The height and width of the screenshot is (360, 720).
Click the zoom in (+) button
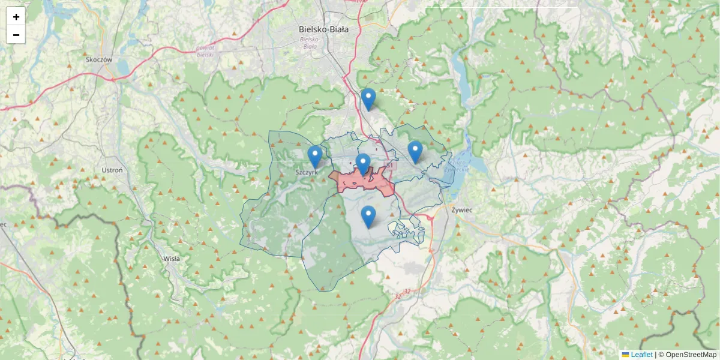coord(16,17)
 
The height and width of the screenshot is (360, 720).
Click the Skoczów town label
coord(99,60)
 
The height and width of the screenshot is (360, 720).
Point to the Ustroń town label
coord(112,170)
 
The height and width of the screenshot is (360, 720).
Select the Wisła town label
coord(172,259)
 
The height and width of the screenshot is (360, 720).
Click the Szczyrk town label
coord(306,172)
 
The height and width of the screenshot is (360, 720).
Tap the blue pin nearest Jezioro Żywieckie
coord(415,152)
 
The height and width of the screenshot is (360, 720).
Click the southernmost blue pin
coord(368,217)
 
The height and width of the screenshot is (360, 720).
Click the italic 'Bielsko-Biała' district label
coord(310,43)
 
